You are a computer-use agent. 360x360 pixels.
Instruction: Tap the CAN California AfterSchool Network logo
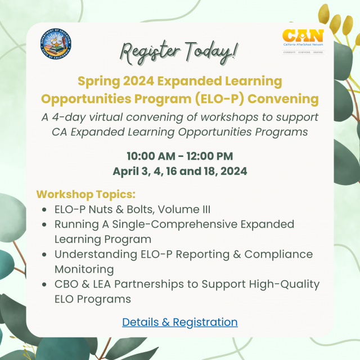coord(303,40)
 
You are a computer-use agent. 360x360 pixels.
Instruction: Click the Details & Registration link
coord(179,322)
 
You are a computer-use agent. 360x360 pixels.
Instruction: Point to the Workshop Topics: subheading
coord(86,195)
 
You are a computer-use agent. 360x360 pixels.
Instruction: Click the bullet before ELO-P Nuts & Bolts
coord(45,210)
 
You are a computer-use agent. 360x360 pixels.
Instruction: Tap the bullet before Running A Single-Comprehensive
coord(45,224)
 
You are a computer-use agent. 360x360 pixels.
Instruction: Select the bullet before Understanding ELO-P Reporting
coord(45,254)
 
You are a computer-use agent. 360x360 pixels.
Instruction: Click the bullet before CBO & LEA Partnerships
coord(45,284)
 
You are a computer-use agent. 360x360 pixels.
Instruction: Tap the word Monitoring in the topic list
coord(84,269)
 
